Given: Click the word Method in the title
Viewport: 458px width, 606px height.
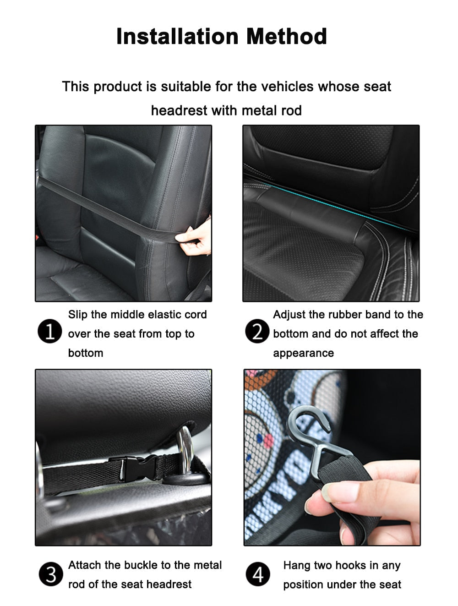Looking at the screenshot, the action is click(x=287, y=36).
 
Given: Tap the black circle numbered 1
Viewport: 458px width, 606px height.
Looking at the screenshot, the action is click(x=49, y=331).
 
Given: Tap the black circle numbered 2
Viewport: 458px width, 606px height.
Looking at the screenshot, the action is click(x=257, y=331).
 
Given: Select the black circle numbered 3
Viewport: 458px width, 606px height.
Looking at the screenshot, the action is click(x=51, y=574).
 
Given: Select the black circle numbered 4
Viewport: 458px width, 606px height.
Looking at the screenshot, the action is click(x=258, y=574).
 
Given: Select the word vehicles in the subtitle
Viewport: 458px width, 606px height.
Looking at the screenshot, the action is click(x=287, y=87).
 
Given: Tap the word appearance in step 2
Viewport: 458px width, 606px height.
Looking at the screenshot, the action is click(x=303, y=353).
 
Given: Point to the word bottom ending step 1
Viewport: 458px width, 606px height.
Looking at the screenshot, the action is click(x=86, y=353).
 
